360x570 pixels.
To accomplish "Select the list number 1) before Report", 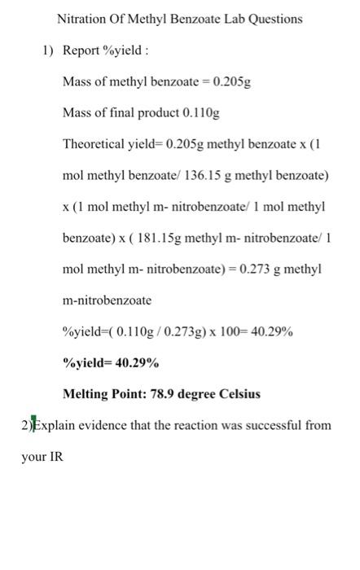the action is (x=48, y=51).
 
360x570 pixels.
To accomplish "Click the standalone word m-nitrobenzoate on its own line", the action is (x=107, y=300).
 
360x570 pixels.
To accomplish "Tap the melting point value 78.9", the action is (x=162, y=394).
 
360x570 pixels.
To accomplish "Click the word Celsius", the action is (x=239, y=394).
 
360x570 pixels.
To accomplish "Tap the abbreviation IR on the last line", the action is (x=55, y=458).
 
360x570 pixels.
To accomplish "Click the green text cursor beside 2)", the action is (x=33, y=425).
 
